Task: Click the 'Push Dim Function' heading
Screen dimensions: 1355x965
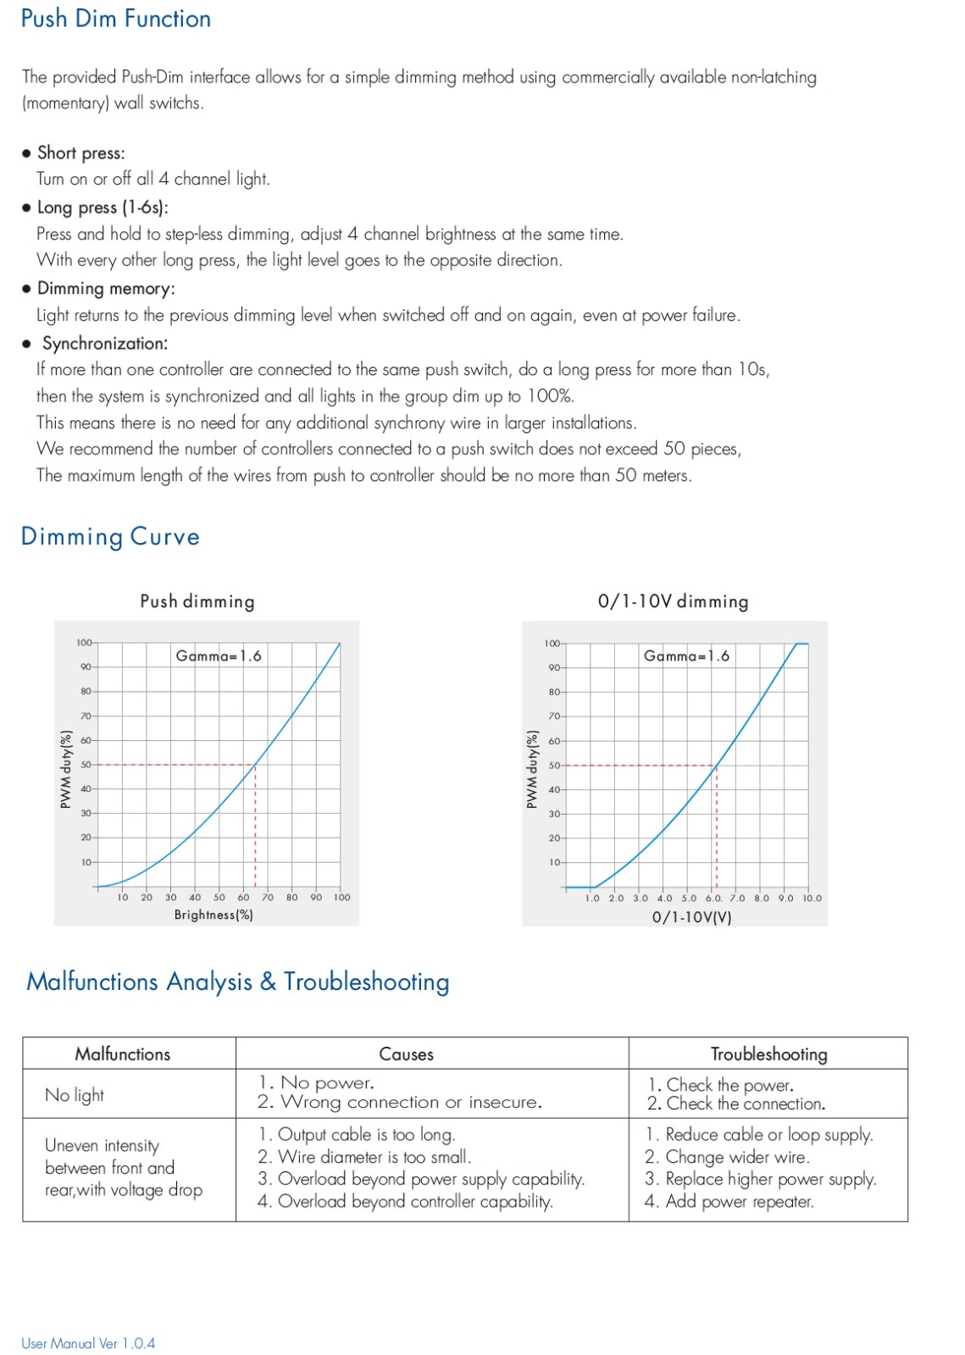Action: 116,19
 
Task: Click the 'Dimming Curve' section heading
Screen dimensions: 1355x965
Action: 110,537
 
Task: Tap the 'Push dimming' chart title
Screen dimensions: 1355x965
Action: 197,601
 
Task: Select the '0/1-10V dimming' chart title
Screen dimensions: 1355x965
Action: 673,601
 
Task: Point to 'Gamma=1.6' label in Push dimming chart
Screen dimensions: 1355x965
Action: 219,655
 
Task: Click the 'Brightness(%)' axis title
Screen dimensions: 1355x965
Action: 214,915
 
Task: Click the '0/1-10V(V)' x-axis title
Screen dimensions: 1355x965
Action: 691,917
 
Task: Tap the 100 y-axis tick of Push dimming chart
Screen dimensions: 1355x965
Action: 84,643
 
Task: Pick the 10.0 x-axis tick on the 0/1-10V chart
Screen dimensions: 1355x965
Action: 812,899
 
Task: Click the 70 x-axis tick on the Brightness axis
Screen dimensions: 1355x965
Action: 268,898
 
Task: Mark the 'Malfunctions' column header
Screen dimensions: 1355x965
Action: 123,1054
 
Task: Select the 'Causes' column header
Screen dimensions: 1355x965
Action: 406,1054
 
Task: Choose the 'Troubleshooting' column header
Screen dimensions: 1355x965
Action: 768,1054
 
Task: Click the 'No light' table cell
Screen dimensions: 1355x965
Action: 75,1095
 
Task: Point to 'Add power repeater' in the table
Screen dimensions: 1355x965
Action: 729,1202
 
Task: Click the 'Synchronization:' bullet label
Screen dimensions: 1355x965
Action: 105,344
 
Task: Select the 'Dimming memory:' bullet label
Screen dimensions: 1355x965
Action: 106,289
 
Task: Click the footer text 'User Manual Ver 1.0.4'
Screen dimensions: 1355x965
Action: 88,1343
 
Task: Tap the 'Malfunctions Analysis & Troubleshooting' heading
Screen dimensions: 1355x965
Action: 238,982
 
